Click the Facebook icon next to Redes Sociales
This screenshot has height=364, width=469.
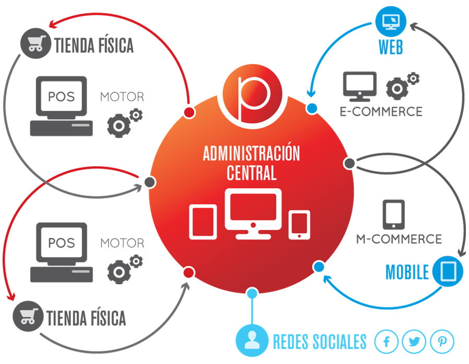[386, 342]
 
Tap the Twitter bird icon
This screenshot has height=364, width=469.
[415, 342]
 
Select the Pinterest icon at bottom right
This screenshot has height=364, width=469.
[442, 342]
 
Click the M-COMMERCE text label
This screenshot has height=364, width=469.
[399, 239]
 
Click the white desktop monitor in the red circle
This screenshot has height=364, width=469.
[253, 214]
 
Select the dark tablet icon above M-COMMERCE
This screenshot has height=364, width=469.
[394, 214]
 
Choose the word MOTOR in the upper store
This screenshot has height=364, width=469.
[122, 97]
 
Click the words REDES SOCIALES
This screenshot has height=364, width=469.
[320, 342]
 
